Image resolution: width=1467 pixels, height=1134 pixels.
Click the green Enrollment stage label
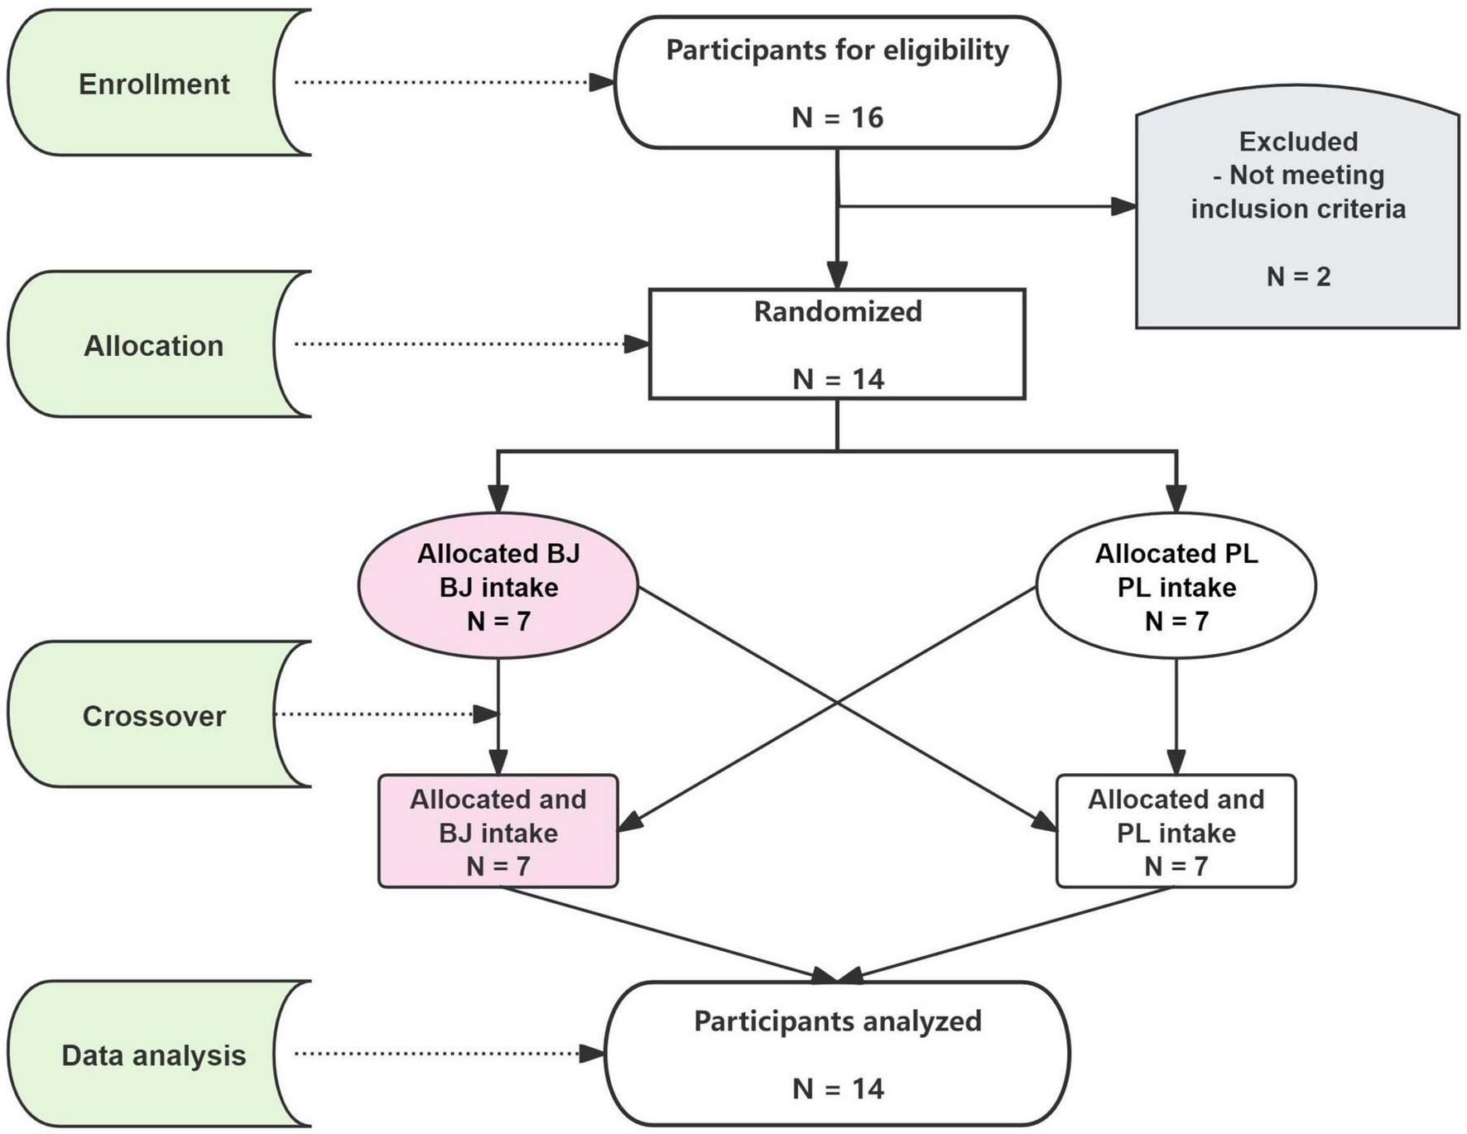154,84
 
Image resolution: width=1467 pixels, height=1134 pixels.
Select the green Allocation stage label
154,345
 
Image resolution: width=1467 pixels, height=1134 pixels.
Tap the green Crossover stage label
154,716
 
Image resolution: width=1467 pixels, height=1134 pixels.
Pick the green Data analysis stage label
154,1055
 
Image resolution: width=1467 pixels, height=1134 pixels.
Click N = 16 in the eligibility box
837,118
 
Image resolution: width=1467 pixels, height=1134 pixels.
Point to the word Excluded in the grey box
1298,142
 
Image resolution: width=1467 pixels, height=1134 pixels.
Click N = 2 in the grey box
1298,276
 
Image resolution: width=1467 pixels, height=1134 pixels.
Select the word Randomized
837,311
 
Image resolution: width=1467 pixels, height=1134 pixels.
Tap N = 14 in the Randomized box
837,379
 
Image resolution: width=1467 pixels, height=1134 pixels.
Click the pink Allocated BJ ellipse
498,587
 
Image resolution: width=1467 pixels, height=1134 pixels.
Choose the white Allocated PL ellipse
1176,587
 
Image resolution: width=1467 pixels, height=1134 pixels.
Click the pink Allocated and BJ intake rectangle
498,832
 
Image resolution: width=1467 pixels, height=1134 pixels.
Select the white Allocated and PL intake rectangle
1176,832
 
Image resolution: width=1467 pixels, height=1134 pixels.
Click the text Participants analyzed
837,1021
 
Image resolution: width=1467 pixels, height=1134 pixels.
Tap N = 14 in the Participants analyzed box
837,1088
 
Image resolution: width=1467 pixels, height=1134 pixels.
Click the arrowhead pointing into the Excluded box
1123,206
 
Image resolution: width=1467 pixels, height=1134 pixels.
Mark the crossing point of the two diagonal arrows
837,704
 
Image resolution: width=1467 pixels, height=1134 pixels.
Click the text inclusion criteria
1298,209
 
